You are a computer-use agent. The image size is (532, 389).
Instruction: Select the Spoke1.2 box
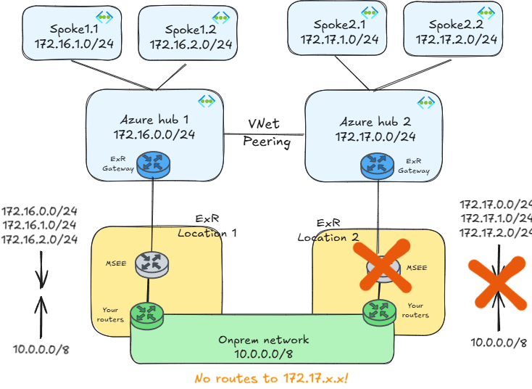188,37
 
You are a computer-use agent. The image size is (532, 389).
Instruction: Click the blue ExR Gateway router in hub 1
152,165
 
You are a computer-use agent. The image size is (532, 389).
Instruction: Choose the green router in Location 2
379,311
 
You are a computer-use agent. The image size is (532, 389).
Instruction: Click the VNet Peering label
266,133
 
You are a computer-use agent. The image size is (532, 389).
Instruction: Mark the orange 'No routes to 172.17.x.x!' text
271,378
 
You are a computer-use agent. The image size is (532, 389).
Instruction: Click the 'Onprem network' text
264,340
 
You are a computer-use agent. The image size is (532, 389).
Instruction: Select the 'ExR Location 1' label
208,226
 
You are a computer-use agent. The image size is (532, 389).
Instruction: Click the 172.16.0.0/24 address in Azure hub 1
154,134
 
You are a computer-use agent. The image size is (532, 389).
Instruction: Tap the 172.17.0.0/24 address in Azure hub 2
375,136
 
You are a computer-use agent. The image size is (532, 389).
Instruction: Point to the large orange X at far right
496,281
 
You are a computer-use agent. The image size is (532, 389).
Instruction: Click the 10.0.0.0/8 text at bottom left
41,349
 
